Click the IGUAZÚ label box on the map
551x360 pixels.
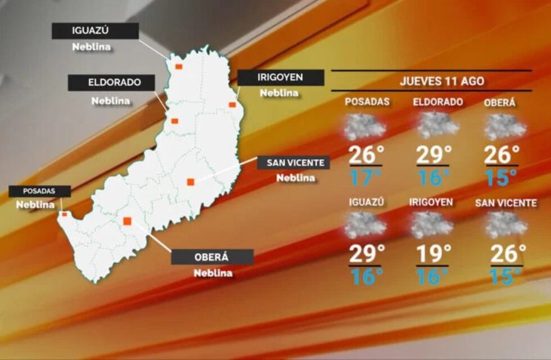[95, 31]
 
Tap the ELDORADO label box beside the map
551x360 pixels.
[111, 83]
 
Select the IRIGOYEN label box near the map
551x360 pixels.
[281, 78]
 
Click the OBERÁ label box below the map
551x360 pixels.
[212, 257]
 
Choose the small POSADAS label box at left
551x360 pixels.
[39, 191]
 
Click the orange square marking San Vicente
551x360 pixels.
[191, 182]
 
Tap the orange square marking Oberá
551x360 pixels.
[127, 221]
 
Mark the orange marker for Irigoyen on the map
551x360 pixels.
[232, 105]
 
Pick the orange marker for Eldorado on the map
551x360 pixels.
[175, 121]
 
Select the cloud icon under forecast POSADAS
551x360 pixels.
[365, 127]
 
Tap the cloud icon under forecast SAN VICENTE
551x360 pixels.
[507, 225]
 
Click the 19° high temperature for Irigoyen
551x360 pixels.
[433, 254]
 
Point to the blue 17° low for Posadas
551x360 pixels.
[364, 178]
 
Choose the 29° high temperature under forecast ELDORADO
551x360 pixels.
[433, 155]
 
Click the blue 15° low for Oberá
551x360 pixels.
[500, 178]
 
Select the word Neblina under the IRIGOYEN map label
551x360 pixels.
[279, 93]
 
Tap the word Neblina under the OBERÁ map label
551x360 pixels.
[213, 273]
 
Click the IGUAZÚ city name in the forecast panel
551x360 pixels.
[367, 202]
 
